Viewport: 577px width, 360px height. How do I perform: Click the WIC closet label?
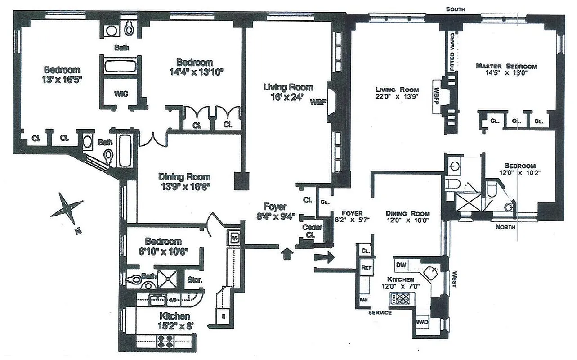(x=121, y=94)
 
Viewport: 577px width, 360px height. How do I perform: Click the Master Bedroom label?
(x=506, y=66)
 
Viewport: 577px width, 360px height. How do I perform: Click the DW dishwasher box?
(x=402, y=265)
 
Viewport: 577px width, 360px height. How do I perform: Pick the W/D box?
(x=422, y=323)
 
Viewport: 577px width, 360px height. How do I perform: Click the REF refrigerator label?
(x=366, y=267)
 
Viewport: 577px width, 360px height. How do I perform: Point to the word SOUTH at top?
(x=455, y=9)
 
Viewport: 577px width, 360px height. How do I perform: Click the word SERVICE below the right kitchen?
(x=380, y=312)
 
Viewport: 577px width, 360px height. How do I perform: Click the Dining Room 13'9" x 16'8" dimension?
(x=184, y=186)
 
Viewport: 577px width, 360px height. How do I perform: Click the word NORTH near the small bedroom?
(x=505, y=227)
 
